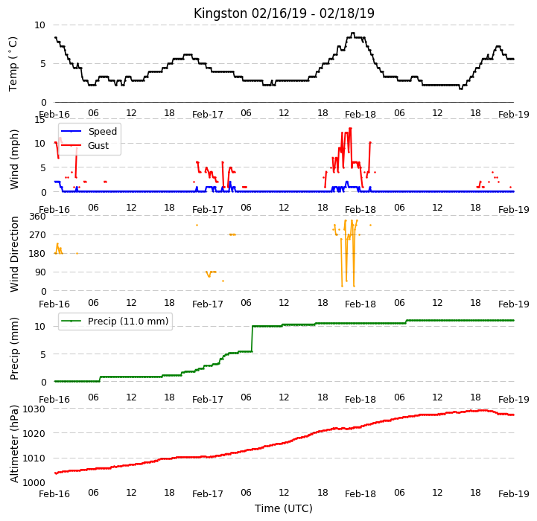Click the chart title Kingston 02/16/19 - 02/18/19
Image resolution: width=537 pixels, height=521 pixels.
tap(284, 13)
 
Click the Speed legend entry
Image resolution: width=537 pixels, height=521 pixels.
tap(89, 131)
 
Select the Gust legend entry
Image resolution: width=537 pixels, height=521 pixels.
tap(85, 145)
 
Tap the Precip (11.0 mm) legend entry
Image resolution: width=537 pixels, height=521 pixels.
tap(115, 321)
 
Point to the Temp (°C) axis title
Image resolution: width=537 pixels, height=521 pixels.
tap(13, 64)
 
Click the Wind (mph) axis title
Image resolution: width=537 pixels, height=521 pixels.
tap(14, 159)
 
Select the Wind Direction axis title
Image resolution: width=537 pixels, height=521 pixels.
tap(14, 254)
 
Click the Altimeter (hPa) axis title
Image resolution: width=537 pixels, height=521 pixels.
tap(14, 444)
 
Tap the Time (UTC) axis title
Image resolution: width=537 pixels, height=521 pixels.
tap(284, 508)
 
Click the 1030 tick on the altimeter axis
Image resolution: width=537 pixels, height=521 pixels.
tap(34, 409)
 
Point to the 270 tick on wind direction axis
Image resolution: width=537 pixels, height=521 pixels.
tap(38, 235)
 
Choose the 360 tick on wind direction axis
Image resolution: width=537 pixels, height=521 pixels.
tap(38, 217)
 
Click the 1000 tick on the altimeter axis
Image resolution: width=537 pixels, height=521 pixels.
tap(34, 482)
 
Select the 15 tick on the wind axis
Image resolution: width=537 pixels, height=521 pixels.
tap(39, 120)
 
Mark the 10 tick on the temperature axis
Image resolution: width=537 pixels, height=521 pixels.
tap(39, 25)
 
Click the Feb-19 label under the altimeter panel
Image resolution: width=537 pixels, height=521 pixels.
tap(514, 494)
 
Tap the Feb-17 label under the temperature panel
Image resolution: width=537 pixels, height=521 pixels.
tap(208, 115)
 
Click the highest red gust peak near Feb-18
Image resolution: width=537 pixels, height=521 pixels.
tap(350, 128)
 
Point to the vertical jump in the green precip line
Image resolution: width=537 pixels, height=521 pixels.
tap(252, 339)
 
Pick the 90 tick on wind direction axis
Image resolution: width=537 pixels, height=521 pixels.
tap(40, 272)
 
